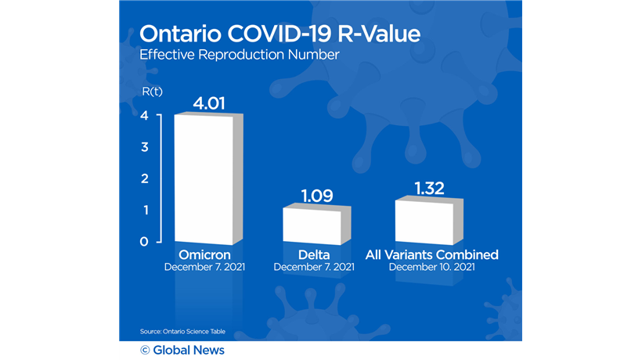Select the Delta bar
pyautogui.click(x=311, y=225)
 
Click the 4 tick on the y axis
pyautogui.click(x=143, y=116)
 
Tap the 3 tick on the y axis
pyautogui.click(x=143, y=147)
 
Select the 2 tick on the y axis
pyautogui.click(x=143, y=178)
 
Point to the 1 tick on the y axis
pyautogui.click(x=143, y=210)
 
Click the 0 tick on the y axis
pyautogui.click(x=143, y=241)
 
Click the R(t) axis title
pyautogui.click(x=152, y=92)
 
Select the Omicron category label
pyautogui.click(x=204, y=255)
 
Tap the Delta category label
pyautogui.click(x=313, y=255)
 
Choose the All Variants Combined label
pyautogui.click(x=432, y=255)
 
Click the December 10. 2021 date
pyautogui.click(x=431, y=267)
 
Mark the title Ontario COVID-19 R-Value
pyautogui.click(x=280, y=34)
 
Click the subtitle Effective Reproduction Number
pyautogui.click(x=239, y=56)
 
